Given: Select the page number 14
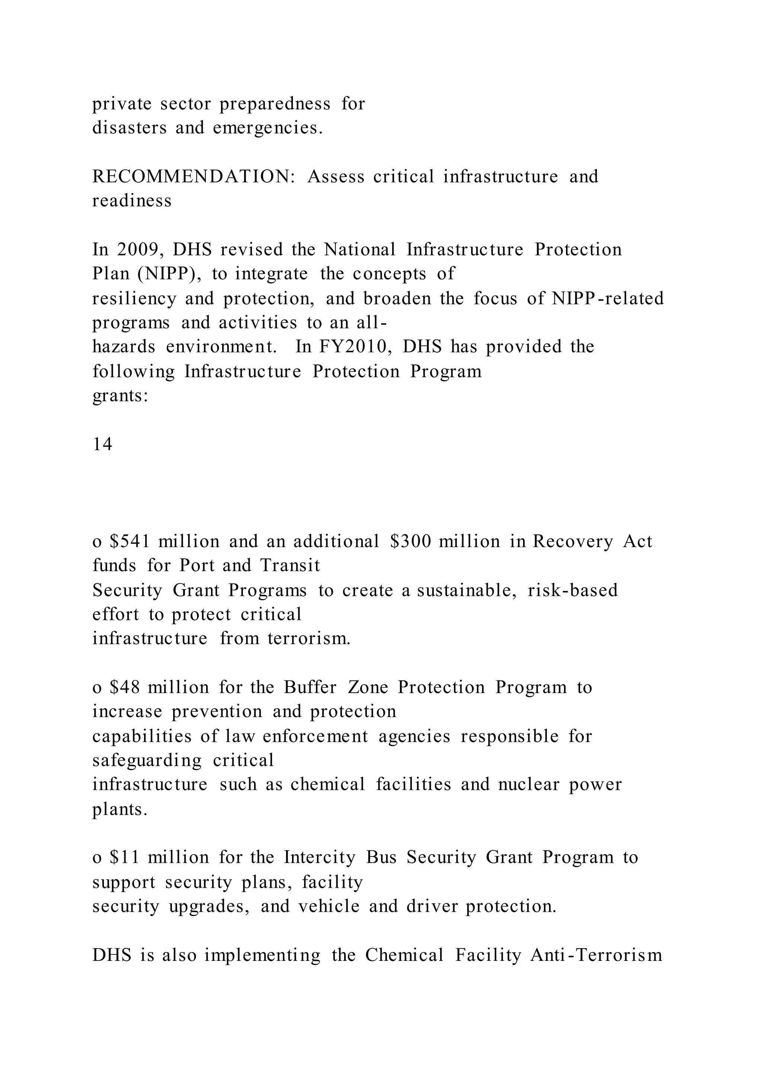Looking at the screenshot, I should point(102,444).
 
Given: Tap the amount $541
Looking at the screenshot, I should point(129,541).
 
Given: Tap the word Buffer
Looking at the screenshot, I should point(310,687).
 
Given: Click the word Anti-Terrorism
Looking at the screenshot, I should point(596,955).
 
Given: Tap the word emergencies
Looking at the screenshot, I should point(268,128).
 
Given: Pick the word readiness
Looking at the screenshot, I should point(132,201).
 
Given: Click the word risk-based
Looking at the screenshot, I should point(573,590).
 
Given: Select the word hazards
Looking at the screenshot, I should point(124,347).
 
